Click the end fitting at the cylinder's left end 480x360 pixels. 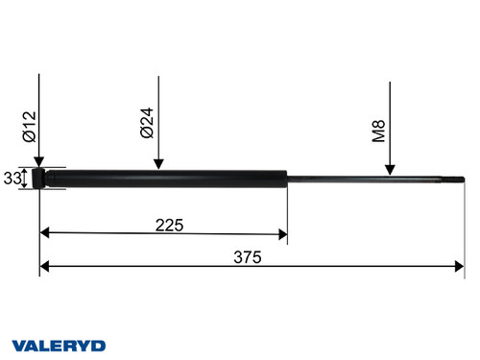pos(40,179)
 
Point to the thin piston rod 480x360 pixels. pos(365,179)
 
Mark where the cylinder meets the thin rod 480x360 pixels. pos(287,179)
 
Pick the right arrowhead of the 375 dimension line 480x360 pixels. pos(459,267)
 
